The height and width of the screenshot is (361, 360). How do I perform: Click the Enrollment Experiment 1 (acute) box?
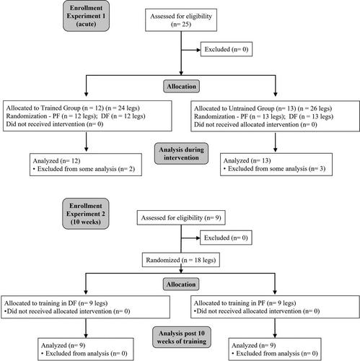pos(86,16)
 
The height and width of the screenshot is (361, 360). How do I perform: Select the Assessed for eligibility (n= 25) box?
pos(181,20)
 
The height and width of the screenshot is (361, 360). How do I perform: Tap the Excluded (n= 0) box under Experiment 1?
pos(227,49)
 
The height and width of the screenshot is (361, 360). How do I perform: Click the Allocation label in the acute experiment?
pos(181,86)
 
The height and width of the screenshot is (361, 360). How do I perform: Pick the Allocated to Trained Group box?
pos(87,116)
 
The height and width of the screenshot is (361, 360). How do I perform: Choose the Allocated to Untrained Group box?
pos(275,116)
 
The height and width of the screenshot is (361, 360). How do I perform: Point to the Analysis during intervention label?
pos(181,154)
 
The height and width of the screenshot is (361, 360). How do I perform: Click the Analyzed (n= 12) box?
pos(86,165)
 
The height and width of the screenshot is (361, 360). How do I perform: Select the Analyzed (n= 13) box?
pos(276,165)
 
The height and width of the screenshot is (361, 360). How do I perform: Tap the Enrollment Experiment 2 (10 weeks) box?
pos(86,214)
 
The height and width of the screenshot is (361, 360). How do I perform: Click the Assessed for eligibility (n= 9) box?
pos(181,218)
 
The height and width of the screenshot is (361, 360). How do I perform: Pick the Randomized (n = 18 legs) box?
pos(181,260)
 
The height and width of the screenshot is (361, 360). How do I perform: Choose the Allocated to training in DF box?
pos(86,307)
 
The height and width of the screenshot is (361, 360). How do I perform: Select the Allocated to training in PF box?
pos(275,307)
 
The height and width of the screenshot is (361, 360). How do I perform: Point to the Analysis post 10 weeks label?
pos(182,337)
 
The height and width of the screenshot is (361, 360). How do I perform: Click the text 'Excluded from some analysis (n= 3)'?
pos(276,169)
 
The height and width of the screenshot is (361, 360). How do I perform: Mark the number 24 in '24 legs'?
pos(122,108)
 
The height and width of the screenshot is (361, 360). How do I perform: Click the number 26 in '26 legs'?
pos(314,108)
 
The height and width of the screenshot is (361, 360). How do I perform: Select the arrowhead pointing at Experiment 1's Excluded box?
pos(198,50)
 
